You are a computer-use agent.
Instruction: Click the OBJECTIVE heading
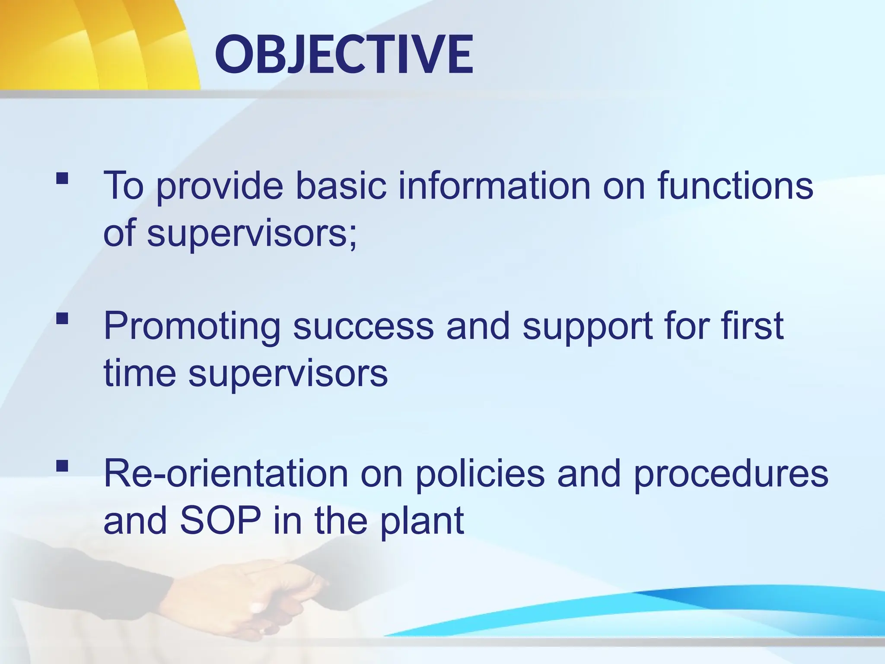pos(344,55)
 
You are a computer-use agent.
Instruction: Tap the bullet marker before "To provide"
pos(62,178)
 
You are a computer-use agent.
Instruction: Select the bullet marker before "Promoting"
pos(62,319)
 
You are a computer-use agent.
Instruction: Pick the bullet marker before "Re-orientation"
pos(62,466)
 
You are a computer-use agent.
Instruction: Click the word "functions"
pos(735,186)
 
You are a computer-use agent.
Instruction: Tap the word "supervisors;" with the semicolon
pos(252,234)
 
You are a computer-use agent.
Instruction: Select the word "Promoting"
pos(192,327)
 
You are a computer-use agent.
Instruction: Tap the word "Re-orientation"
pos(226,473)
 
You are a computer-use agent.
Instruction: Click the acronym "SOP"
pos(220,520)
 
